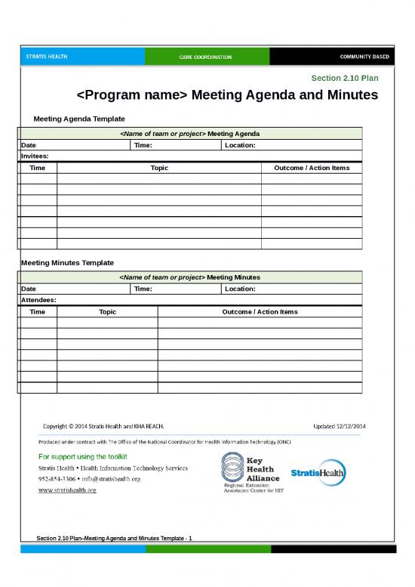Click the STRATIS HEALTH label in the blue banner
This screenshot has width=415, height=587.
click(x=45, y=57)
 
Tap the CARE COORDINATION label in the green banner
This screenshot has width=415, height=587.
click(x=205, y=57)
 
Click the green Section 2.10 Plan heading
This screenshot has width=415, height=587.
click(x=345, y=78)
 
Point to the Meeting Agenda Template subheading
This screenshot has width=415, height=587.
click(x=79, y=119)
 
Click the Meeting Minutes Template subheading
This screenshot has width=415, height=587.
click(x=67, y=263)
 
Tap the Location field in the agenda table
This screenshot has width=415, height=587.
click(x=241, y=145)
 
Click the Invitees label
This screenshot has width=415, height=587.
click(x=35, y=156)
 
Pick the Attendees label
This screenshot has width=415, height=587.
click(x=38, y=300)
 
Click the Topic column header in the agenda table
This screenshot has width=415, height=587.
click(x=159, y=168)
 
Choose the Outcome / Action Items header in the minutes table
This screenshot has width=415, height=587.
click(x=260, y=311)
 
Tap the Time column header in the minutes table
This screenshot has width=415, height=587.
click(x=37, y=311)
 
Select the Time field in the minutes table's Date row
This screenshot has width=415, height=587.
click(x=143, y=289)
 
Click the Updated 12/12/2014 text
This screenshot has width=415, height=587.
click(x=340, y=425)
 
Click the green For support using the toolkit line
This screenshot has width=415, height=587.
click(x=83, y=456)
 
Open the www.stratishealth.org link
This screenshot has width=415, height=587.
click(x=67, y=490)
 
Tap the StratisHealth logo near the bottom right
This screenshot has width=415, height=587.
click(x=317, y=474)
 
